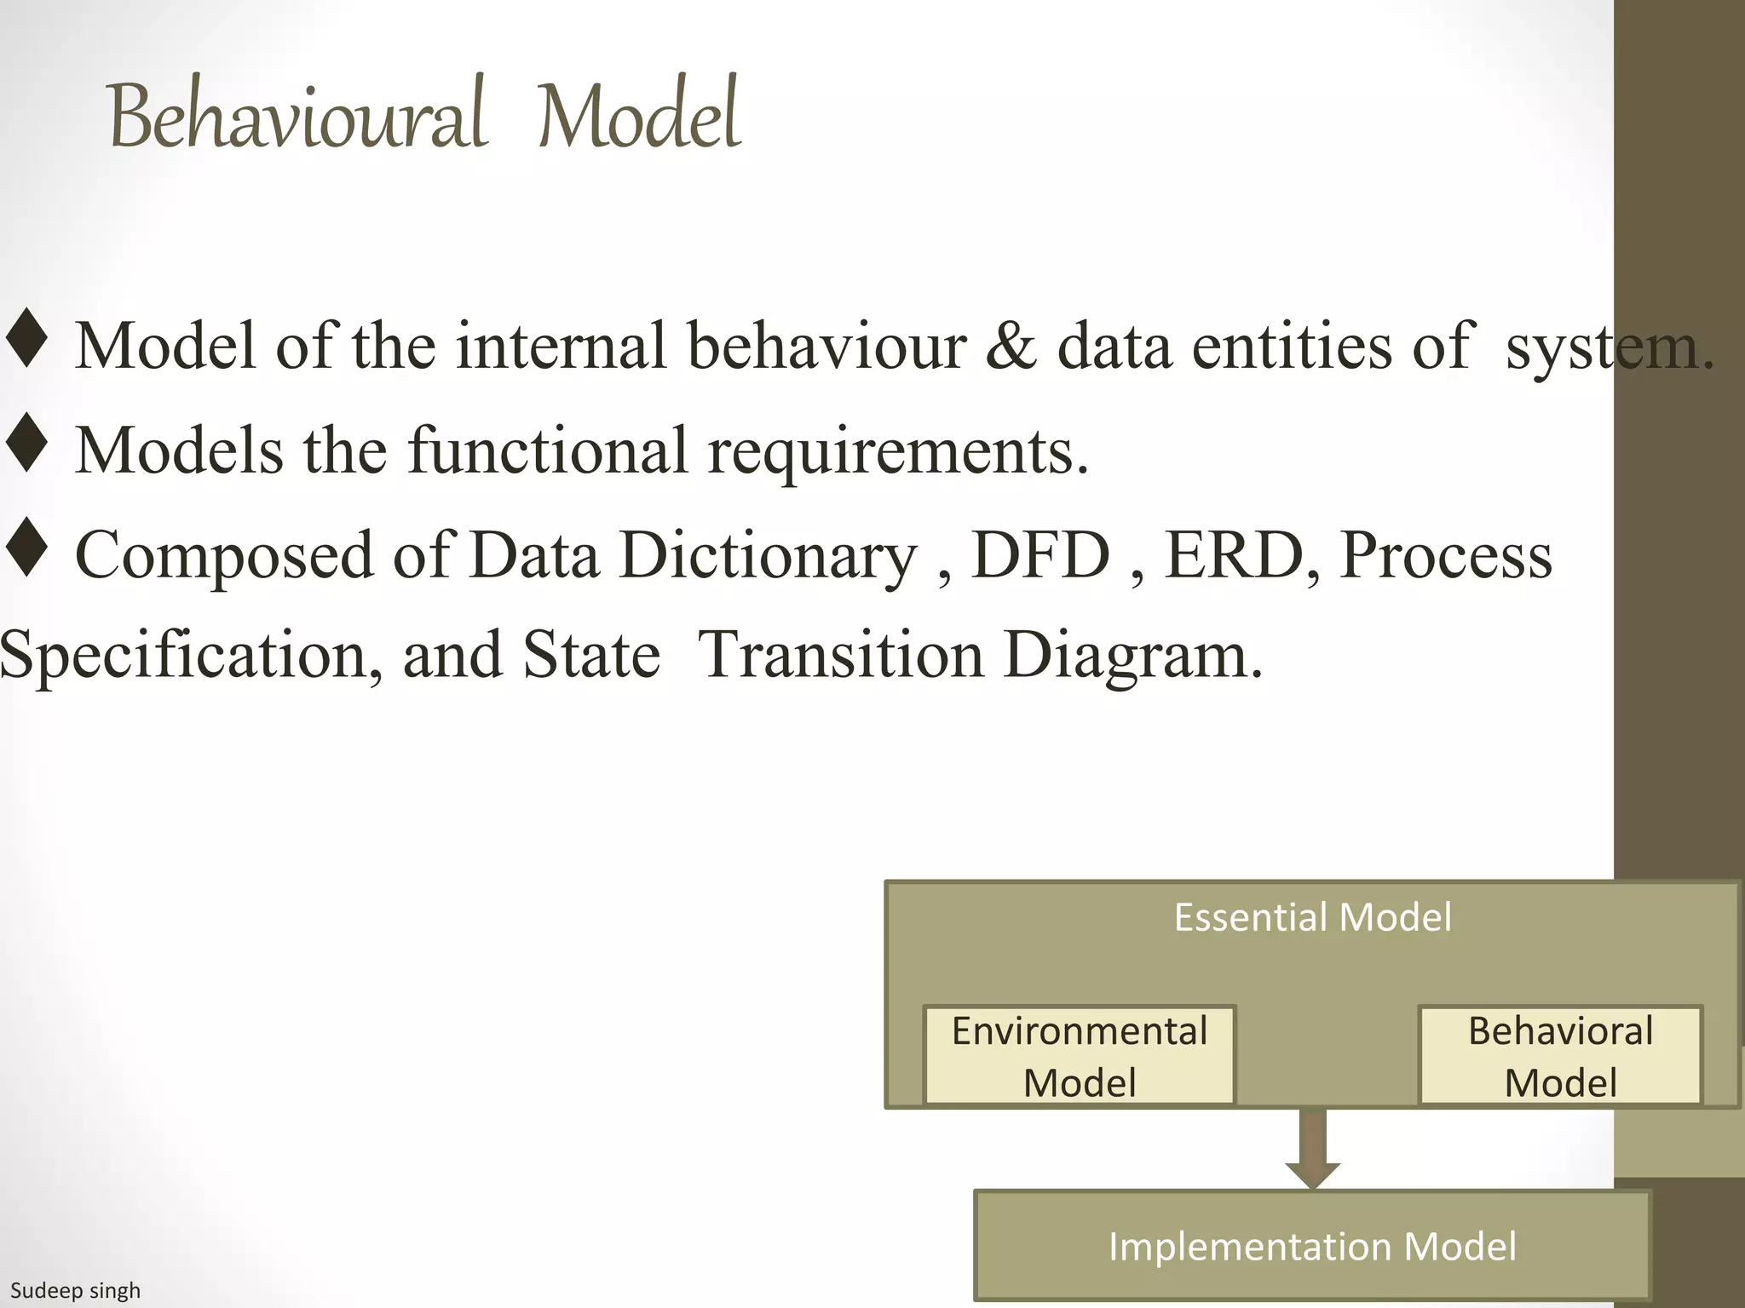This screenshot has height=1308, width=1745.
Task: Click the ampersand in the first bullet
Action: [x=1011, y=346]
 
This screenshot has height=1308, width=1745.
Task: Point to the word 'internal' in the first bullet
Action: [x=561, y=346]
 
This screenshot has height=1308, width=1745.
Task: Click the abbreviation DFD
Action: [x=1041, y=555]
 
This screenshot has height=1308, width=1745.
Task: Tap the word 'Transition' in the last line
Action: [x=840, y=655]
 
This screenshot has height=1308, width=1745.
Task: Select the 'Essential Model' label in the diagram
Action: [x=1312, y=918]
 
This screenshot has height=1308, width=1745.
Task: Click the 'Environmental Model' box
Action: [x=1079, y=1056]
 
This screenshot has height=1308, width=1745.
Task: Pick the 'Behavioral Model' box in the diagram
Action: [x=1559, y=1056]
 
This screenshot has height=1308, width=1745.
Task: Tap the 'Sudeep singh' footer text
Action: [x=75, y=1291]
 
